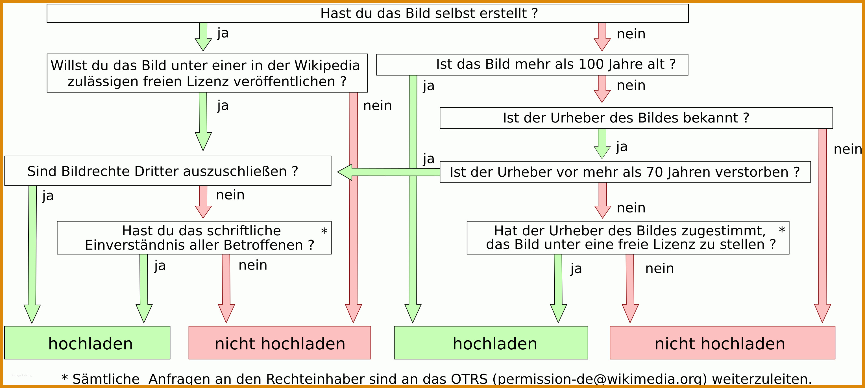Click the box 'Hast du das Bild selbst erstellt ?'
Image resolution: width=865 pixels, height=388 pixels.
367,14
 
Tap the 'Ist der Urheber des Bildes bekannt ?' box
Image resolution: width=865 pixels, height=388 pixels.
636,118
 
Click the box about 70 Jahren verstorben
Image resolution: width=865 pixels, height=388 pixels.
625,172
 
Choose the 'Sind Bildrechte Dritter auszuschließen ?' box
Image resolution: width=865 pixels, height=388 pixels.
168,171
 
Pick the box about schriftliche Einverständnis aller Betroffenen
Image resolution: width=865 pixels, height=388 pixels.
194,238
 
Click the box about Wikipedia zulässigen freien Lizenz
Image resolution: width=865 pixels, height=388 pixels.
207,73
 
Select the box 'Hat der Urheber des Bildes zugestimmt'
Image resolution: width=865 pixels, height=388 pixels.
628,238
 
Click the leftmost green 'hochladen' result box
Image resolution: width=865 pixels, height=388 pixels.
87,343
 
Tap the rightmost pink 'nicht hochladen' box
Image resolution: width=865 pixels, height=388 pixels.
722,343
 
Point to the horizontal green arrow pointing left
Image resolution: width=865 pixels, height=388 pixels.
389,172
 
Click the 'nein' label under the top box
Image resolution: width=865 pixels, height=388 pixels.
631,34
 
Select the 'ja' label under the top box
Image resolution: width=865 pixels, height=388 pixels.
223,33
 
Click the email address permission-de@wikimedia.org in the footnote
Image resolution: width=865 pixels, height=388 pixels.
600,379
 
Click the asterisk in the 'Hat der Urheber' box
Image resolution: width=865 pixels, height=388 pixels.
782,230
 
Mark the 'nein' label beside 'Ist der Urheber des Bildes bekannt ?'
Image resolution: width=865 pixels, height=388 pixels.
848,149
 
